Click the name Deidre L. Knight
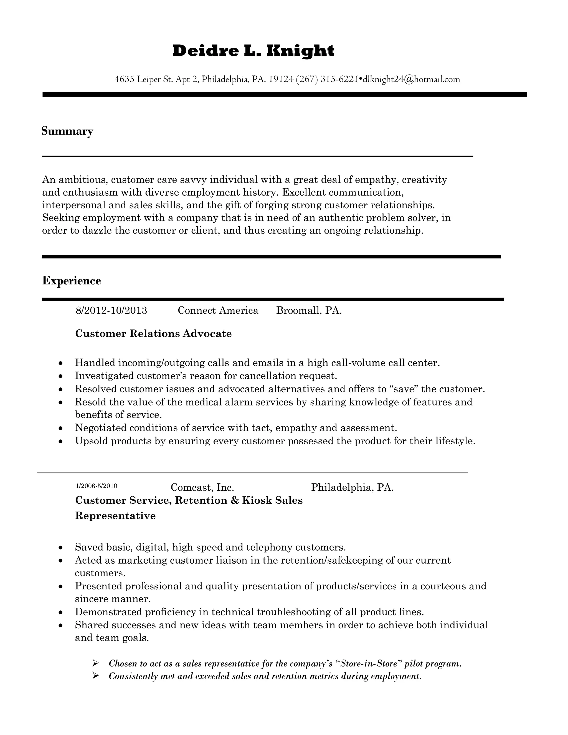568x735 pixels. tap(253, 51)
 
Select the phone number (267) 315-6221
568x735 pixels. tap(326, 79)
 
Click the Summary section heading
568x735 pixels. tap(67, 131)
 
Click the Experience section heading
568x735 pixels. tap(71, 281)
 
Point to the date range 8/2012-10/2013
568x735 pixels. tap(111, 310)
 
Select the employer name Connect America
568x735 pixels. tap(218, 310)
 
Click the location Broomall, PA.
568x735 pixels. tap(309, 310)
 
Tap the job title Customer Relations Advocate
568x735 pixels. tap(153, 333)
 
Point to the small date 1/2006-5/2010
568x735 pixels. tap(97, 486)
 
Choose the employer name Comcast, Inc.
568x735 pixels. tap(202, 487)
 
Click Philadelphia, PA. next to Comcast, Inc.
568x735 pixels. tap(352, 487)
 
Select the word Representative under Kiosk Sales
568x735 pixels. tap(115, 516)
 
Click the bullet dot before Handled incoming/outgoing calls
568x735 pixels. tap(60, 363)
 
